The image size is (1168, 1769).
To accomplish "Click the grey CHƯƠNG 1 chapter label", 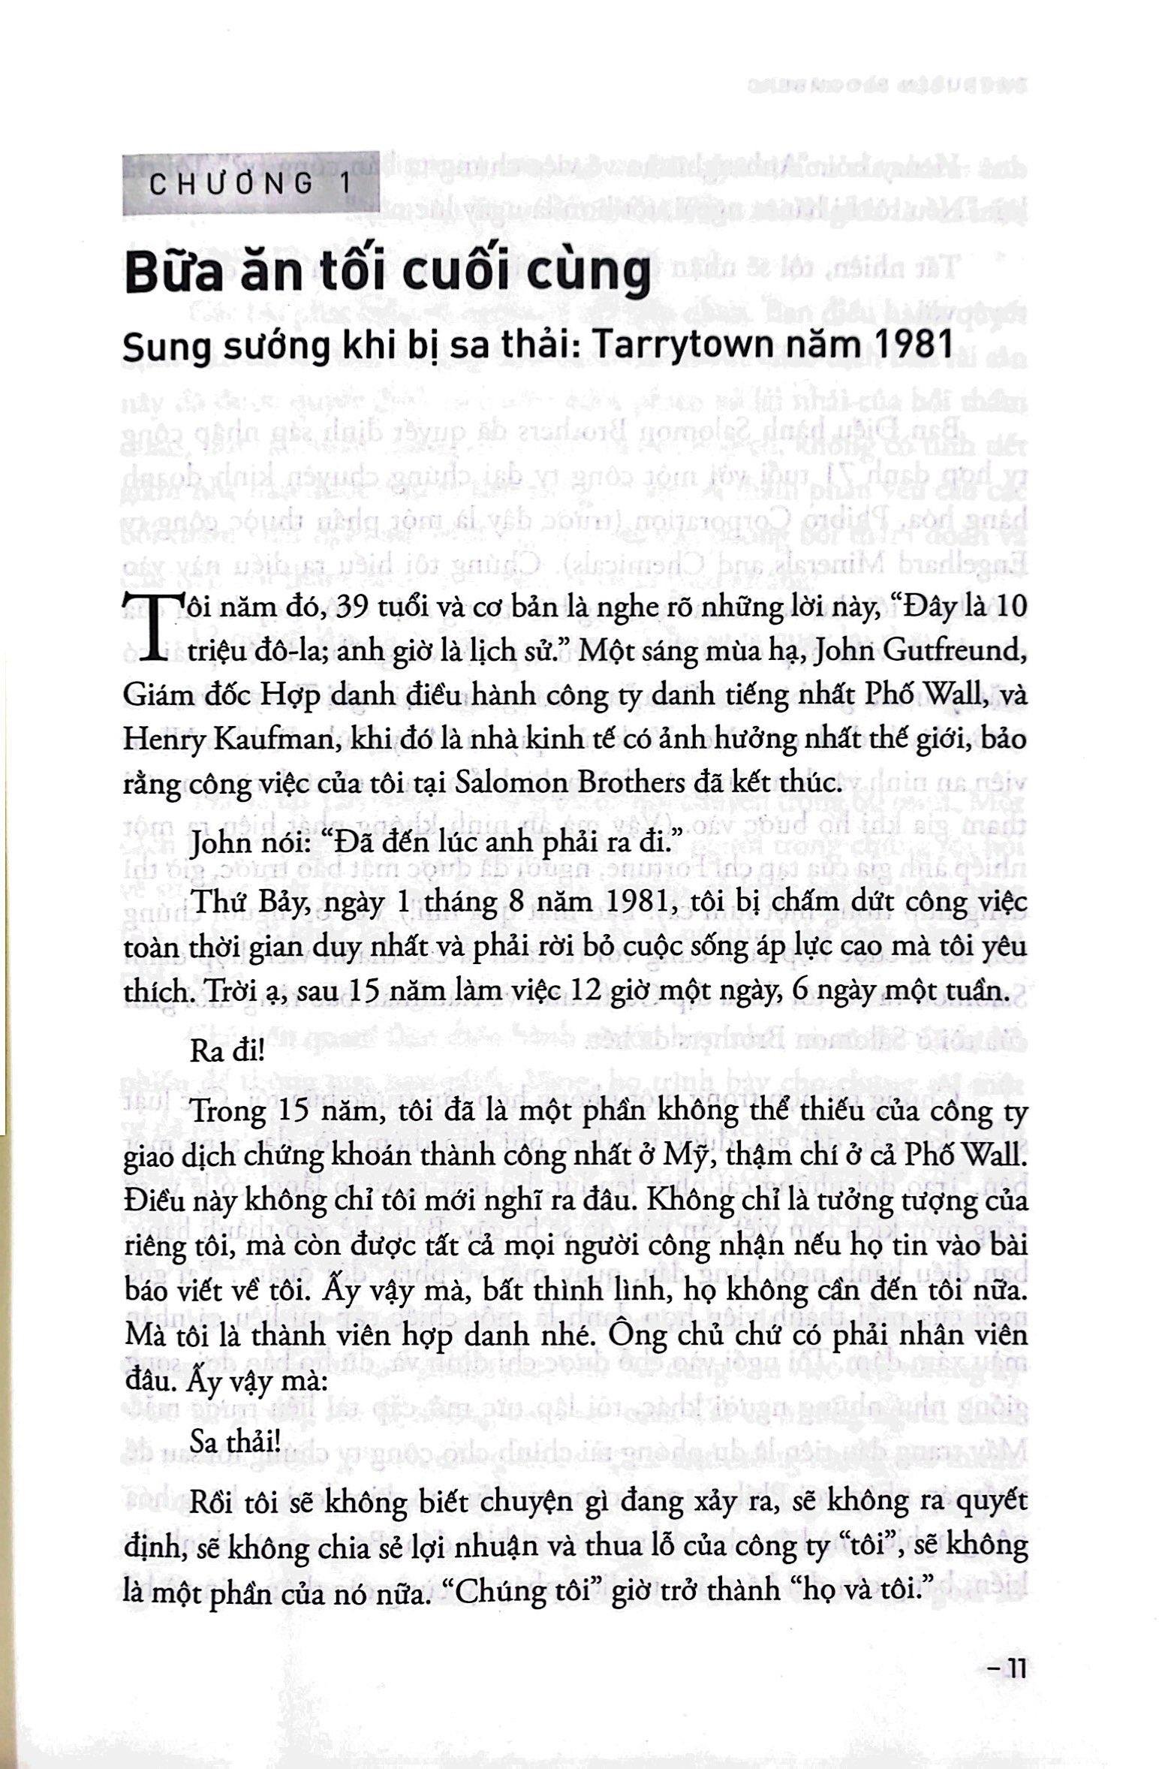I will pos(247,184).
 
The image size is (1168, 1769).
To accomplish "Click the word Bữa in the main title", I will pos(180,275).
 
